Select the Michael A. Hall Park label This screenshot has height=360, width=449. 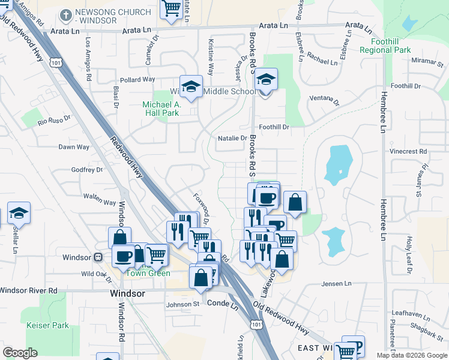161,108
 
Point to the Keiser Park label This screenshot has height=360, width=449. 47,326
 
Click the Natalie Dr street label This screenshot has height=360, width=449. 232,138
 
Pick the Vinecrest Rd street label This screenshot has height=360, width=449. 407,152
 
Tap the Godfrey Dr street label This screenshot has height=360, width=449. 87,170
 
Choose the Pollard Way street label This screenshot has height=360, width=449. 137,80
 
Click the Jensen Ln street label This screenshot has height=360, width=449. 336,283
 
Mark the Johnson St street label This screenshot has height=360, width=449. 182,304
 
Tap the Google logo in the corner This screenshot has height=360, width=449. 20,352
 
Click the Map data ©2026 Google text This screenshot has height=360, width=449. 411,355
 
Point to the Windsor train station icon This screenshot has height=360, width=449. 98,257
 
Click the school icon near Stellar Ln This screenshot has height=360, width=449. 19,213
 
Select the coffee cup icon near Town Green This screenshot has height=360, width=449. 124,256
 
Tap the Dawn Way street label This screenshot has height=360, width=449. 74,147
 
